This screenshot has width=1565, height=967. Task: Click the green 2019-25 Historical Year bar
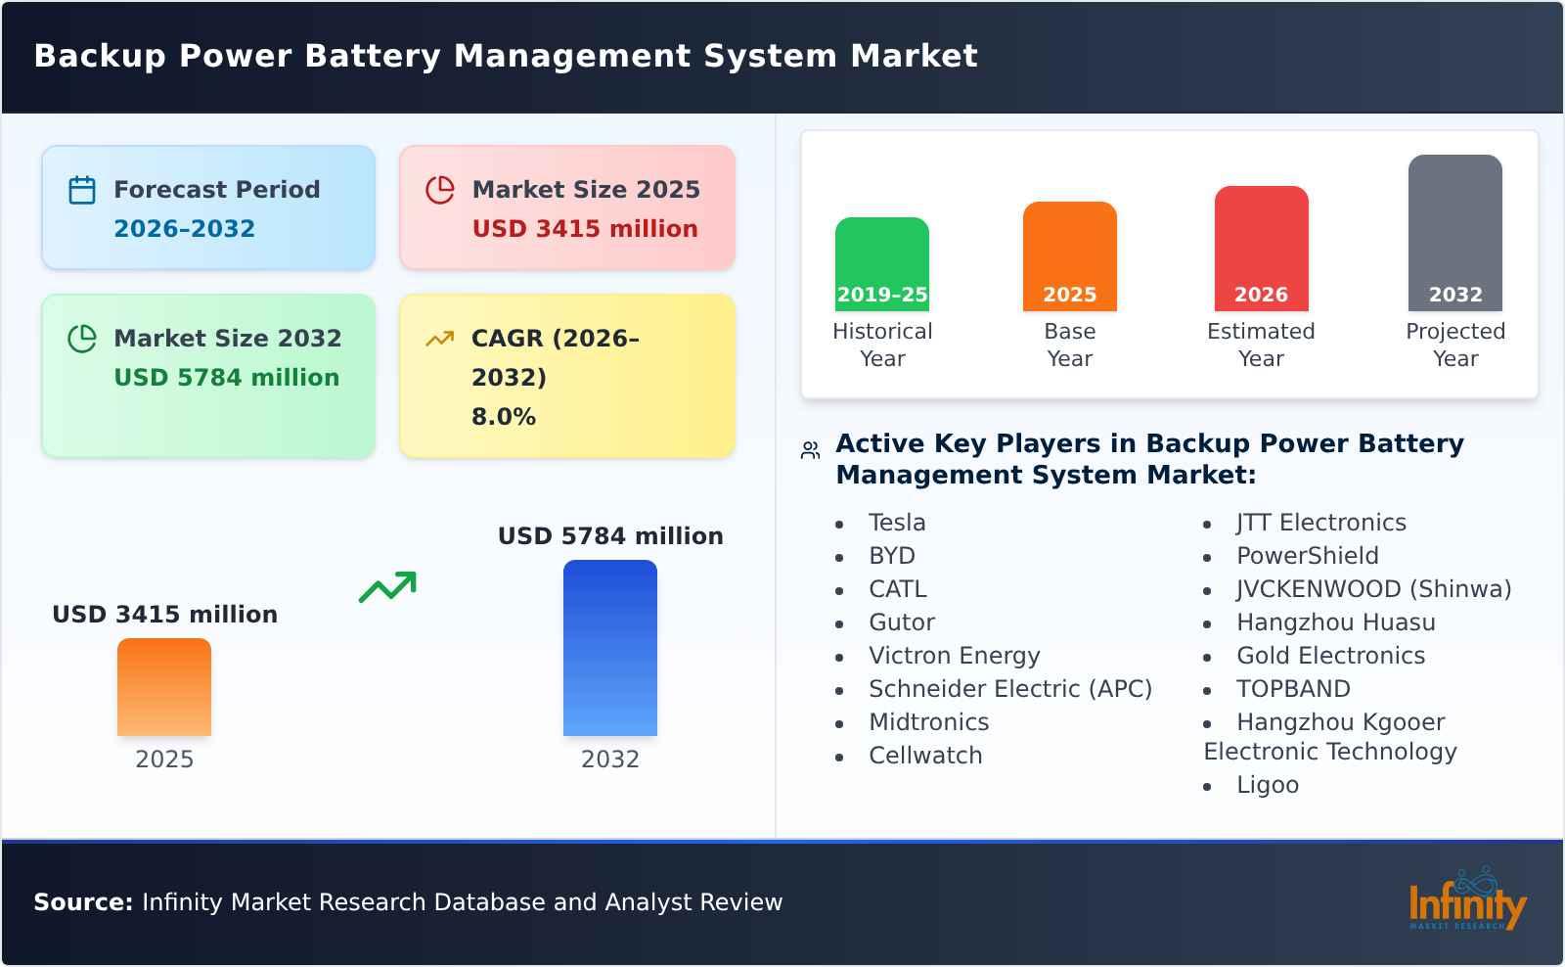[x=881, y=263]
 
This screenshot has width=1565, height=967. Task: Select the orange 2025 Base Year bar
[x=1069, y=255]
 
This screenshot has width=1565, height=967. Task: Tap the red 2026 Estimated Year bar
[x=1261, y=248]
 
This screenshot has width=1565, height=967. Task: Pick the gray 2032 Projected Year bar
[x=1454, y=232]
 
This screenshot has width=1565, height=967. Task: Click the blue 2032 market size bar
[x=609, y=647]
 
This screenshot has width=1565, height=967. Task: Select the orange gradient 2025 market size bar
[x=163, y=686]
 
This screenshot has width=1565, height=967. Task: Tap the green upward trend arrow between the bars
[x=387, y=587]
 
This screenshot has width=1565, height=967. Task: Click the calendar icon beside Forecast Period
[x=82, y=190]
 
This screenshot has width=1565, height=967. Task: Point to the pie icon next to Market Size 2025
[x=440, y=190]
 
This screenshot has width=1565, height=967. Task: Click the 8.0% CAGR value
[x=503, y=417]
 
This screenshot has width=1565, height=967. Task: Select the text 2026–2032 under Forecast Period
[x=184, y=229]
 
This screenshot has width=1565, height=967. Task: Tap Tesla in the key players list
[x=896, y=523]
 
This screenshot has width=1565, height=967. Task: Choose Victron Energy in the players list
[x=954, y=656]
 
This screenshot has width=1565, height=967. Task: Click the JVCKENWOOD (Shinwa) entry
[x=1373, y=589]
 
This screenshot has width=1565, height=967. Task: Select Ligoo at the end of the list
[x=1267, y=785]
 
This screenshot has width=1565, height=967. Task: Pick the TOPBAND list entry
[x=1292, y=689]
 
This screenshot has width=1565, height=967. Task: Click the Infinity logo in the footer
[x=1466, y=900]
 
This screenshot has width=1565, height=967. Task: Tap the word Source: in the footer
[x=83, y=902]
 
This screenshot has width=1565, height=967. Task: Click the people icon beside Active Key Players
[x=810, y=450]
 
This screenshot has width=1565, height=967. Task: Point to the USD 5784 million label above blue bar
[x=610, y=536]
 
